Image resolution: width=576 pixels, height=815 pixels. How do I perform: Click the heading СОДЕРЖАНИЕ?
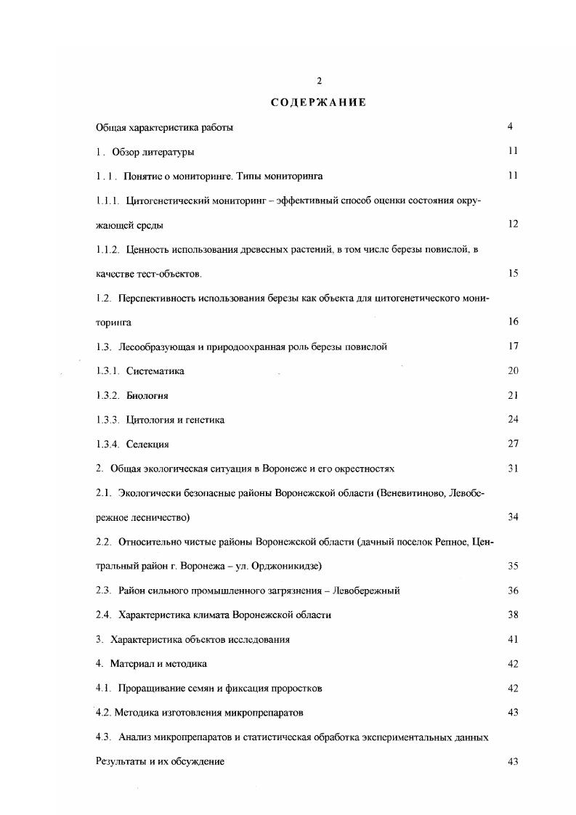pos(318,102)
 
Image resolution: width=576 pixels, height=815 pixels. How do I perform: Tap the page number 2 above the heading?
pos(319,81)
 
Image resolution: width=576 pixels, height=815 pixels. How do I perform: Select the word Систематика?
pos(155,371)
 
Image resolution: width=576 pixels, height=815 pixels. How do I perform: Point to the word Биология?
pos(147,396)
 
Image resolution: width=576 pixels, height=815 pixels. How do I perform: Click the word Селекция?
pos(147,445)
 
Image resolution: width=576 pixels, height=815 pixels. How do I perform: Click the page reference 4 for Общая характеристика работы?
pos(511,127)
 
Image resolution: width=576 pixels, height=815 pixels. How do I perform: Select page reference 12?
pos(513,224)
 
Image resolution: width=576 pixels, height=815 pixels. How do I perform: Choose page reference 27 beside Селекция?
pos(513,445)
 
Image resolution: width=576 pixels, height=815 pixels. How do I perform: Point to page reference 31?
pos(513,469)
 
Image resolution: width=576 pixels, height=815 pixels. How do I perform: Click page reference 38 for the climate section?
pos(513,615)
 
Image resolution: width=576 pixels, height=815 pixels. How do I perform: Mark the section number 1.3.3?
pos(108,420)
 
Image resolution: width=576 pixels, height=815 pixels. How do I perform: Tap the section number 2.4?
pos(103,615)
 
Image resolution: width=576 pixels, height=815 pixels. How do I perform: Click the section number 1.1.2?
pos(108,249)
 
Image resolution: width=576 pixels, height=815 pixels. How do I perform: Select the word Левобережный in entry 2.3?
pos(365,591)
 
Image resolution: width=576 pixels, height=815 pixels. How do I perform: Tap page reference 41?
pos(513,639)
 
